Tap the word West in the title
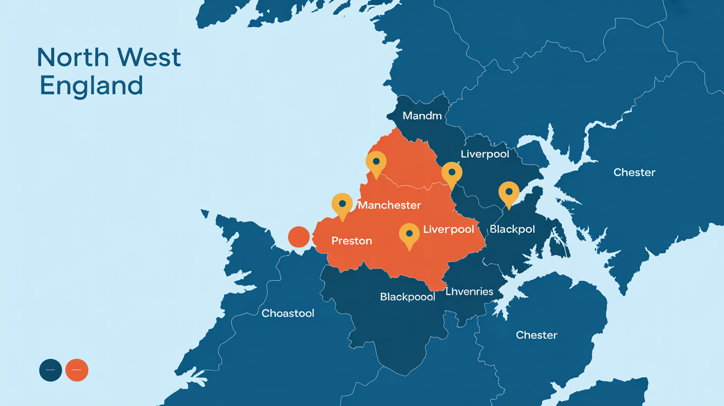[x=150, y=58]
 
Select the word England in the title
[x=92, y=86]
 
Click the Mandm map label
[x=422, y=116]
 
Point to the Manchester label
[x=390, y=205]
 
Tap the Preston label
[x=352, y=241]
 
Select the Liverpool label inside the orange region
[x=449, y=229]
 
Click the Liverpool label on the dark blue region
[x=485, y=154]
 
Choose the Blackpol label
[x=512, y=229]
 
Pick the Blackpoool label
[x=408, y=297]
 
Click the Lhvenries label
[x=469, y=291]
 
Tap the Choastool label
[x=288, y=313]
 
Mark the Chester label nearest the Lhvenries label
[x=536, y=335]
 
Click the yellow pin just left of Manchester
[x=342, y=205]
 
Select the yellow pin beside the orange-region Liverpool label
[x=409, y=234]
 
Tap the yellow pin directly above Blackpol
[x=509, y=193]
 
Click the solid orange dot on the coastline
[x=299, y=237]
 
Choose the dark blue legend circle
[x=50, y=370]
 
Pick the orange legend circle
[x=77, y=370]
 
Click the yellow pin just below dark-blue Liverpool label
[x=451, y=174]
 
